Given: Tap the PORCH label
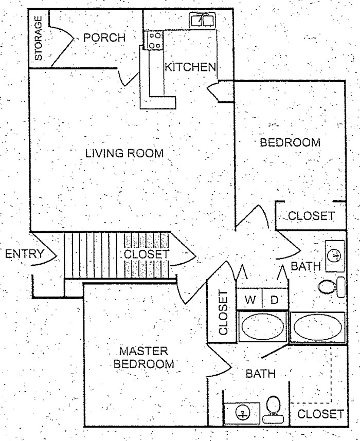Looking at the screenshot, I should (x=104, y=38).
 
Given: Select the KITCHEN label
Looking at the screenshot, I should (x=189, y=67).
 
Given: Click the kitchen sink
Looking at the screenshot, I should (x=203, y=21).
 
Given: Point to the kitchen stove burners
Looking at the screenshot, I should (x=154, y=41).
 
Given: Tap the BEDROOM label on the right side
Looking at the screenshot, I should (x=290, y=142).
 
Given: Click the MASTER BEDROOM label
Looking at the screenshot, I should (x=144, y=358).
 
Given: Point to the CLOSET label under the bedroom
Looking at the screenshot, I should (x=311, y=216).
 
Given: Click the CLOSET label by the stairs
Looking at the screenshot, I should (x=146, y=254).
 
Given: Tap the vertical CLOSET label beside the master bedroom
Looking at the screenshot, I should (x=223, y=313).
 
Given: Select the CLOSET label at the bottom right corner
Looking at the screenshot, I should (x=320, y=414).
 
